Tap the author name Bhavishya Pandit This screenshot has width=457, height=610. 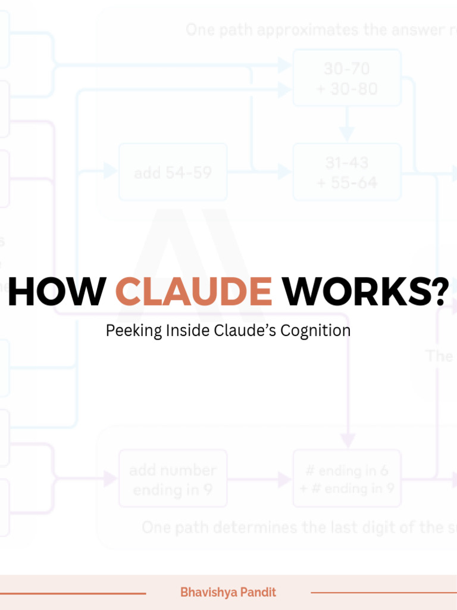(x=228, y=592)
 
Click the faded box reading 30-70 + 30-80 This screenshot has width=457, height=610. (x=347, y=78)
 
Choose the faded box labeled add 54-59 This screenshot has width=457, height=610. (x=173, y=172)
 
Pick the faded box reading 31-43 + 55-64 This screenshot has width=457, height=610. (x=347, y=172)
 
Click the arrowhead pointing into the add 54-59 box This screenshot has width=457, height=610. (x=110, y=172)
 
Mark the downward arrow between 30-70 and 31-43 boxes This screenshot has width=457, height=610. (x=347, y=132)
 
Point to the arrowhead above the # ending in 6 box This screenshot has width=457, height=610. (x=348, y=441)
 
